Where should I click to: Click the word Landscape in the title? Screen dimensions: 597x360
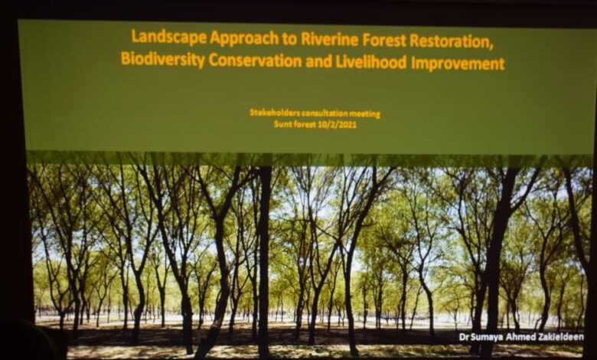(x=169, y=38)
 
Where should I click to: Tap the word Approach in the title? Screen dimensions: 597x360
(x=244, y=38)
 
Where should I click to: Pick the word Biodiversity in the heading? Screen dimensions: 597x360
(x=163, y=59)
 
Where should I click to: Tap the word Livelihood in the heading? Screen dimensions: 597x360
(x=371, y=62)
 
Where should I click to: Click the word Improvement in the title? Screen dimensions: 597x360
(x=458, y=64)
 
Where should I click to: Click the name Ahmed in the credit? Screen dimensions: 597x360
(x=524, y=337)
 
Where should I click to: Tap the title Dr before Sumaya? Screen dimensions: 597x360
(x=464, y=337)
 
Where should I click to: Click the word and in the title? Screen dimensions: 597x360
(x=318, y=62)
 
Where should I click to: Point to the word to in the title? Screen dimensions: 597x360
(x=289, y=40)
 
